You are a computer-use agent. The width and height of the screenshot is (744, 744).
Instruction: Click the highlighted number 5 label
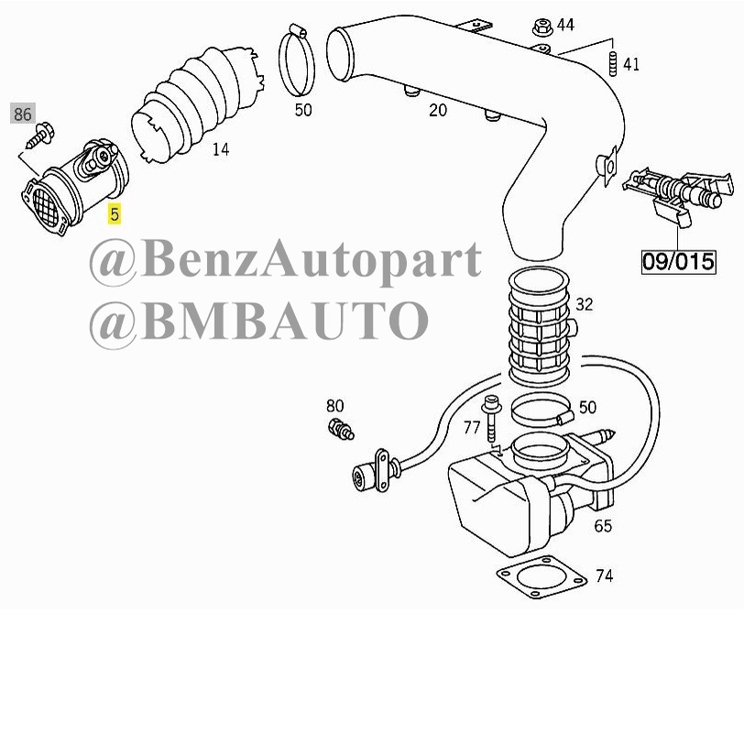(x=114, y=214)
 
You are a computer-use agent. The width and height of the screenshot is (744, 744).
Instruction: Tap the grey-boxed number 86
(x=22, y=114)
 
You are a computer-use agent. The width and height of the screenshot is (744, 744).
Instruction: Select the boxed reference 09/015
(x=678, y=261)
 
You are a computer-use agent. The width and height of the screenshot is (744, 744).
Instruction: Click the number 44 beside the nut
(x=565, y=25)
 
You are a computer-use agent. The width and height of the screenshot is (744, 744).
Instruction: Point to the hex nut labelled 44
(x=542, y=27)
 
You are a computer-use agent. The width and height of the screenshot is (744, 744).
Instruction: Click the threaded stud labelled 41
(x=612, y=63)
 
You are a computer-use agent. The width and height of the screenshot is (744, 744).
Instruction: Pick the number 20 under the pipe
(x=437, y=110)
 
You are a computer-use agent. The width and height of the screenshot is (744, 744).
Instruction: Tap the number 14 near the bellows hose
(x=221, y=149)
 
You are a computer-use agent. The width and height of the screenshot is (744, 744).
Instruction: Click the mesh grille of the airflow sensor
(x=46, y=208)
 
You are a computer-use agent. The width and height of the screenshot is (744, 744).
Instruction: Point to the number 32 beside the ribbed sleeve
(x=584, y=304)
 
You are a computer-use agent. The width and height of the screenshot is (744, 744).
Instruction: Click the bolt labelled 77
(x=491, y=419)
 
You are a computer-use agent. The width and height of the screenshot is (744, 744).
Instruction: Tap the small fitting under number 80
(x=341, y=429)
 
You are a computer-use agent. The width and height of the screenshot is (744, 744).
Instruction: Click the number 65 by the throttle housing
(x=603, y=526)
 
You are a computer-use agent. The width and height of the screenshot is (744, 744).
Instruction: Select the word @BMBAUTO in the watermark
(x=259, y=321)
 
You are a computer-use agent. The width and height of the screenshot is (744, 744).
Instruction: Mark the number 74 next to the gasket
(x=604, y=575)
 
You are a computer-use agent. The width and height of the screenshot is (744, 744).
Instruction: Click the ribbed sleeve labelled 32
(x=539, y=327)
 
